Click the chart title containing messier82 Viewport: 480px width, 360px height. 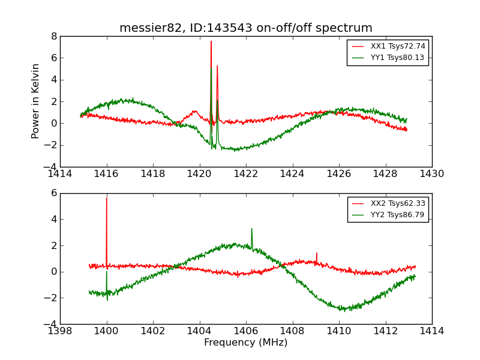[x=245, y=28]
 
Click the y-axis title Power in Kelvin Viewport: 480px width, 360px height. [x=36, y=101]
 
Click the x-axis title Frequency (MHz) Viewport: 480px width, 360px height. [x=245, y=343]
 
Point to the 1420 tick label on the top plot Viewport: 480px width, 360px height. [x=199, y=174]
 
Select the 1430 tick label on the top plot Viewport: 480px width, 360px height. [x=431, y=174]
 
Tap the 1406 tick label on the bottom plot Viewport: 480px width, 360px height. [x=246, y=331]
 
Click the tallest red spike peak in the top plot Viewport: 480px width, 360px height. [x=211, y=41]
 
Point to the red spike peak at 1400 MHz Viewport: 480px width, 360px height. [x=107, y=198]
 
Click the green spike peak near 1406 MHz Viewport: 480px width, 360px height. [x=251, y=229]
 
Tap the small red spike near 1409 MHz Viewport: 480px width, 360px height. [x=316, y=253]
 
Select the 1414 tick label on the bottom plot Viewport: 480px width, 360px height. [x=431, y=331]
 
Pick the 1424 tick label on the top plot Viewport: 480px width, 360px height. [x=292, y=174]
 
